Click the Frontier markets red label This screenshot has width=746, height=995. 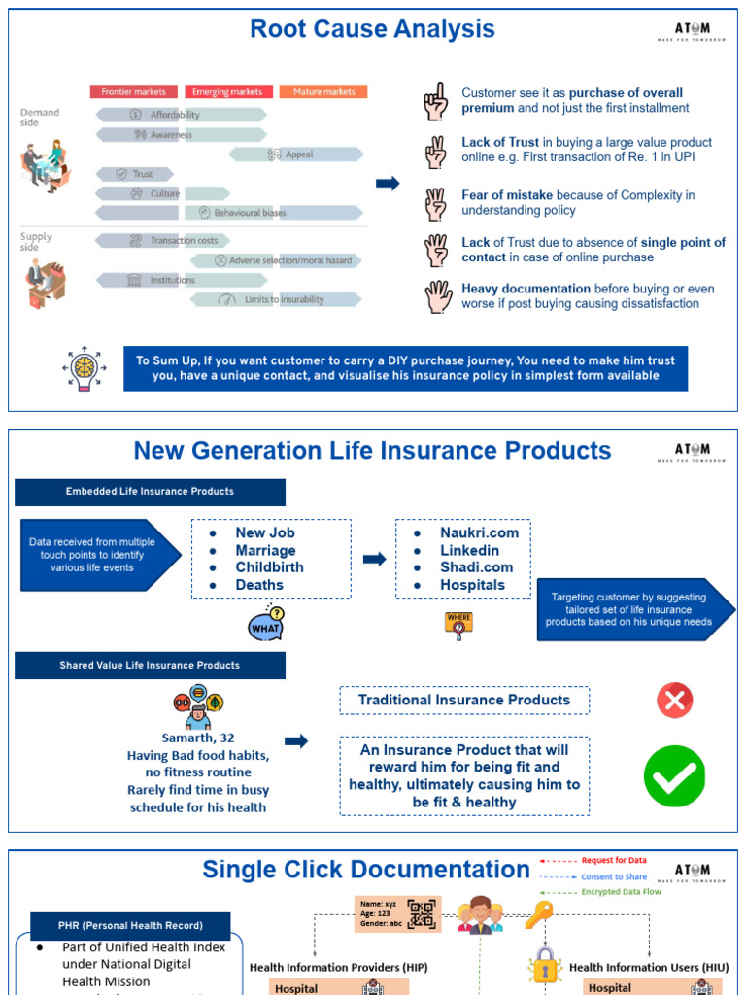pyautogui.click(x=134, y=92)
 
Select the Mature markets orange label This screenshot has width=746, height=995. pyautogui.click(x=323, y=92)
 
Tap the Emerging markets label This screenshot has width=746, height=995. pyautogui.click(x=228, y=92)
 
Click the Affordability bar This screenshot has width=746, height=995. pyautogui.click(x=181, y=115)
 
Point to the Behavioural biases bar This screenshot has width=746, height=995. pyautogui.click(x=276, y=212)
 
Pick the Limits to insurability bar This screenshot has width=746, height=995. pyautogui.click(x=276, y=299)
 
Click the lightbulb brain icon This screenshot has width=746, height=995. pyautogui.click(x=85, y=368)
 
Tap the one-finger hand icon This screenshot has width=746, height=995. pyautogui.click(x=435, y=101)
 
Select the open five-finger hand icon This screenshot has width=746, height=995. pyautogui.click(x=437, y=296)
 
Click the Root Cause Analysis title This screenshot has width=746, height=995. pyautogui.click(x=372, y=29)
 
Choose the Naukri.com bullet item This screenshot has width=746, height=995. pyautogui.click(x=479, y=532)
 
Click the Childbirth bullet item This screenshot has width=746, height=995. pyautogui.click(x=269, y=567)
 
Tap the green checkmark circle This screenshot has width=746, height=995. pyautogui.click(x=674, y=776)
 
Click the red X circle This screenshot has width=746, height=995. pyautogui.click(x=674, y=700)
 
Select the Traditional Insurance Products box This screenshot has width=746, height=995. pyautogui.click(x=463, y=700)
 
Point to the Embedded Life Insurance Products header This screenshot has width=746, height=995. pyautogui.click(x=150, y=492)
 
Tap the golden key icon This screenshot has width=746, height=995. pyautogui.click(x=538, y=912)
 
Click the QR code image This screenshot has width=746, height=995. pyautogui.click(x=422, y=913)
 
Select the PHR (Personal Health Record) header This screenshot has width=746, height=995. pyautogui.click(x=129, y=925)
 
